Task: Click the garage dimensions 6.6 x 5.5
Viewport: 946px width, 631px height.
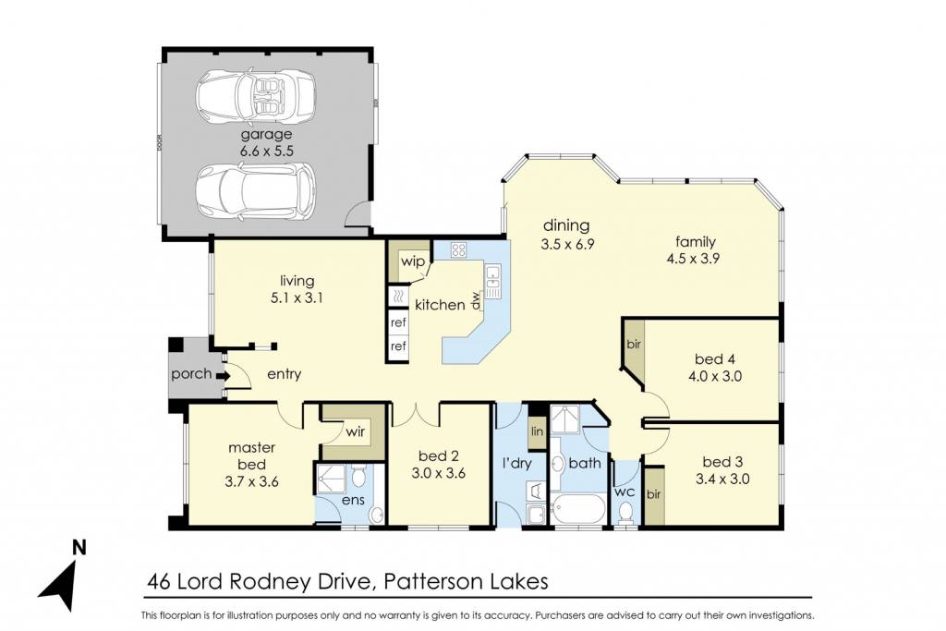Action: pos(266,151)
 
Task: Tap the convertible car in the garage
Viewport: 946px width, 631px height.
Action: pos(255,96)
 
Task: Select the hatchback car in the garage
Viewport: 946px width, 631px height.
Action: pos(255,191)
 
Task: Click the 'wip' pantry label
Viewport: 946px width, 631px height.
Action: pos(413,261)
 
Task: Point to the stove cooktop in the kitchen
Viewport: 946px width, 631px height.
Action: pos(458,249)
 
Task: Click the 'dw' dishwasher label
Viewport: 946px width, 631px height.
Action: pos(476,300)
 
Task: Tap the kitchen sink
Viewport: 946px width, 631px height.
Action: pos(493,281)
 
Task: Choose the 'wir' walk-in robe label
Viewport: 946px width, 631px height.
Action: pos(356,432)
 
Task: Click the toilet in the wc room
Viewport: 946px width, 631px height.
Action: pos(625,513)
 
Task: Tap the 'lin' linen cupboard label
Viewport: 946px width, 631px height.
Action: pos(537,432)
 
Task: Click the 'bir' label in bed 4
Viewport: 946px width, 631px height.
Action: pos(634,345)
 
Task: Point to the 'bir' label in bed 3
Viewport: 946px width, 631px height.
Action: pos(653,494)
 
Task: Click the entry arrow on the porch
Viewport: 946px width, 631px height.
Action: pos(223,376)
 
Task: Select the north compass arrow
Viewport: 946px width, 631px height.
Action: pos(58,586)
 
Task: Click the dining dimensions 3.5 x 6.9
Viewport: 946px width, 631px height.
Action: pos(567,244)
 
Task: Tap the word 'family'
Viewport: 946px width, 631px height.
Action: pos(696,242)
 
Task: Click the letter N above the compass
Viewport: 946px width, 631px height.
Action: pos(79,547)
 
